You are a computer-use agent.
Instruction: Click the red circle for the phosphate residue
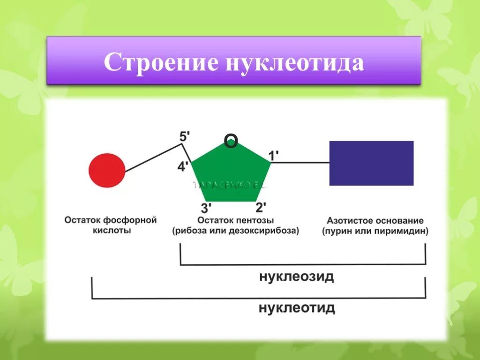pyautogui.click(x=107, y=170)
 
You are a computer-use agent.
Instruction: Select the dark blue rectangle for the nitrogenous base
pyautogui.click(x=371, y=163)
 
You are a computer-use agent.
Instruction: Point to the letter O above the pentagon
pyautogui.click(x=231, y=141)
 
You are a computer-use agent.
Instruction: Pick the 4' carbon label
pyautogui.click(x=183, y=166)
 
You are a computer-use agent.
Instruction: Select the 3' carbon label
pyautogui.click(x=206, y=208)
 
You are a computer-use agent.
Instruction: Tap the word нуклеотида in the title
pyautogui.click(x=295, y=62)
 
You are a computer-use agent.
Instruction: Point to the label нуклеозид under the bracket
pyautogui.click(x=297, y=277)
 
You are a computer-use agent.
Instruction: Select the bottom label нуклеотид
pyautogui.click(x=297, y=308)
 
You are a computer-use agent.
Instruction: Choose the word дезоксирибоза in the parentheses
pyautogui.click(x=267, y=231)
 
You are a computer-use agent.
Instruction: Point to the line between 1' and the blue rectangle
pyautogui.click(x=300, y=163)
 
